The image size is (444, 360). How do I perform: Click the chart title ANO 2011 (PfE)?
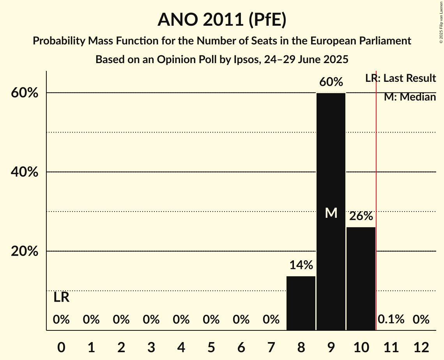pyautogui.click(x=222, y=20)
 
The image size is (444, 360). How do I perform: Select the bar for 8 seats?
pyautogui.click(x=301, y=303)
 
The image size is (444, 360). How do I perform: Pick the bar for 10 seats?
pyautogui.click(x=361, y=279)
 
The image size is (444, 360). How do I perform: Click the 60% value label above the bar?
pyautogui.click(x=331, y=82)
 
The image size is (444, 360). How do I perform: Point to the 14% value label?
pyautogui.click(x=301, y=265)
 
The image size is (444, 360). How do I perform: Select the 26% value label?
pyautogui.click(x=361, y=216)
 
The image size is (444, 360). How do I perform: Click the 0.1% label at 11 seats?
pyautogui.click(x=391, y=320)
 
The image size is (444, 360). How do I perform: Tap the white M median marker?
pyautogui.click(x=331, y=213)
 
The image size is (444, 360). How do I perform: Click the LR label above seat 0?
pyautogui.click(x=61, y=298)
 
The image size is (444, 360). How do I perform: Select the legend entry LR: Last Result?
pyautogui.click(x=400, y=78)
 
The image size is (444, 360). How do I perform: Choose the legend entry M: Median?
pyautogui.click(x=410, y=97)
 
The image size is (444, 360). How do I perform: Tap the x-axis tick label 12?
pyautogui.click(x=421, y=347)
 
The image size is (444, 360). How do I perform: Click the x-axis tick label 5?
pyautogui.click(x=211, y=347)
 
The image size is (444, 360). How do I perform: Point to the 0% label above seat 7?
pyautogui.click(x=271, y=320)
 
